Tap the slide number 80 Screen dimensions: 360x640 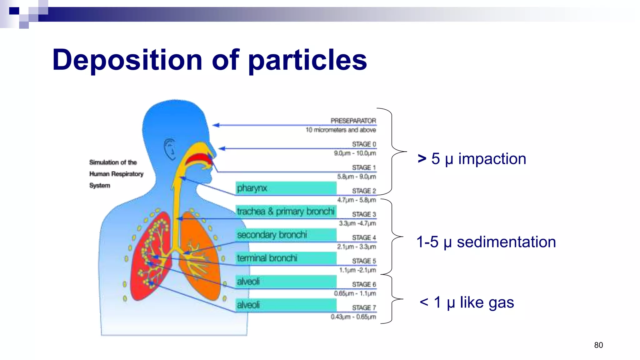[x=598, y=345]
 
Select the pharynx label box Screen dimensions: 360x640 [x=286, y=188]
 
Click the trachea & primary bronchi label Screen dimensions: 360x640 [x=286, y=212]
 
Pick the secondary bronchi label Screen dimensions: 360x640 [x=286, y=235]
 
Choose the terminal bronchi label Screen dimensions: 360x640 [x=286, y=258]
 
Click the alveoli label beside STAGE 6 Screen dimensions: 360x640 [x=286, y=282]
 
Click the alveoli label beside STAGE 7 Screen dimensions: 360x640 [x=286, y=305]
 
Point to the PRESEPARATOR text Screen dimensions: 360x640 [x=353, y=121]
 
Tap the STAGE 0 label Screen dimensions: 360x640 [x=364, y=144]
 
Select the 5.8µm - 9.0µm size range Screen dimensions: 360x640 [x=356, y=177]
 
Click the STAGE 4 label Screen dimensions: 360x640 [x=364, y=237]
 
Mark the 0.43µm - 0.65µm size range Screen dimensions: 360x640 [x=353, y=317]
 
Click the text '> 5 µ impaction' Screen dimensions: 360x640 [x=472, y=159]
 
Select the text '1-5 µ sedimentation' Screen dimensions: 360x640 [x=486, y=242]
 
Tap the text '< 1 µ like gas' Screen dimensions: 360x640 [x=467, y=302]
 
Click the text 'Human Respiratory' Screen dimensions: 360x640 [x=116, y=174]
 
